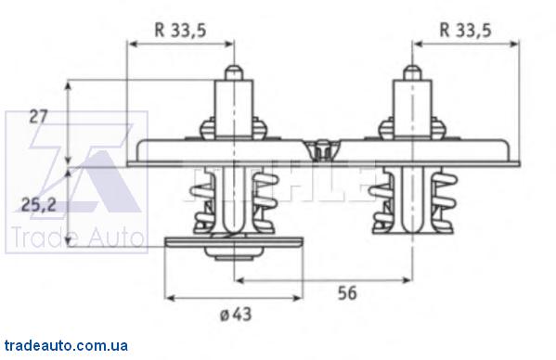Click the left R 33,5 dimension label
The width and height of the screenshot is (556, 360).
[180, 30]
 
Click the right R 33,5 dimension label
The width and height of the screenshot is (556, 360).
[465, 30]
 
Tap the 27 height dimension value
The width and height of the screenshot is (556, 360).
[38, 117]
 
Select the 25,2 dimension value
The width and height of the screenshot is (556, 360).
[39, 205]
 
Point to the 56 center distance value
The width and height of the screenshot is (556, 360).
[347, 293]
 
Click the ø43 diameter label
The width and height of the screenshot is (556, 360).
[236, 314]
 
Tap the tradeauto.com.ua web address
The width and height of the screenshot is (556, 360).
[66, 345]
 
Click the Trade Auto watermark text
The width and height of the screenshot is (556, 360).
[77, 237]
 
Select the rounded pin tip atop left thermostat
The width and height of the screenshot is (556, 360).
[234, 72]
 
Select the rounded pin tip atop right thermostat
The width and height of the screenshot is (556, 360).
[412, 72]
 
